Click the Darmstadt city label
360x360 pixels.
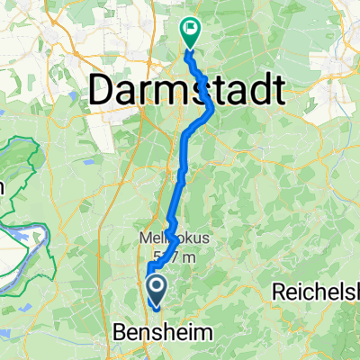[x=187, y=90]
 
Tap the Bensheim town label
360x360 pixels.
[x=164, y=333]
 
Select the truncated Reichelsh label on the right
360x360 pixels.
[x=314, y=293]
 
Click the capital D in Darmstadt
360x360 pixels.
[x=103, y=90]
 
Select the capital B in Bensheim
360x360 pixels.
[x=121, y=333]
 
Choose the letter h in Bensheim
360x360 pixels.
[x=177, y=333]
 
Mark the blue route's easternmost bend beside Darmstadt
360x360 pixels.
[x=212, y=108]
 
